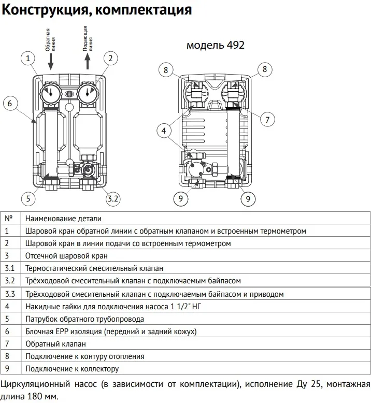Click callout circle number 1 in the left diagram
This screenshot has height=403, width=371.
(28, 58)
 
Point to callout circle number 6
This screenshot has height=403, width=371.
(9, 103)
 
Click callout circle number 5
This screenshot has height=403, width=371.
(28, 198)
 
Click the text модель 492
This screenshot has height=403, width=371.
(215, 45)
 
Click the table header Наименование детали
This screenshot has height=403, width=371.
(63, 219)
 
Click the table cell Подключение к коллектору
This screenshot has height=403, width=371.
(72, 369)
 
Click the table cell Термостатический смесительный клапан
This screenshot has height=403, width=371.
(94, 268)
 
